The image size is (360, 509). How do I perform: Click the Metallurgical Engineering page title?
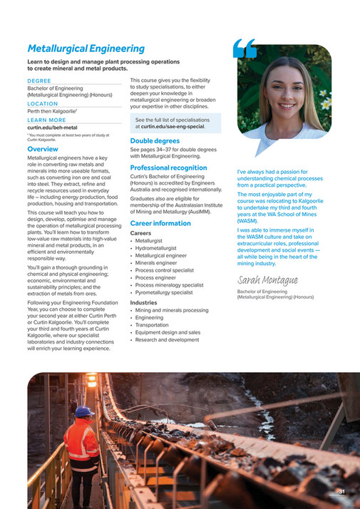point(86,48)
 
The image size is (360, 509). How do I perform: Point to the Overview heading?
point(43,150)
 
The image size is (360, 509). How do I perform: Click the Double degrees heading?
point(155,141)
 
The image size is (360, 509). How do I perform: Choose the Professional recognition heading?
point(168,168)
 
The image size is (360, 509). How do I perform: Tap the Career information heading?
point(160,223)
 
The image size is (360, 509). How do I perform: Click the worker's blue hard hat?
point(84,411)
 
